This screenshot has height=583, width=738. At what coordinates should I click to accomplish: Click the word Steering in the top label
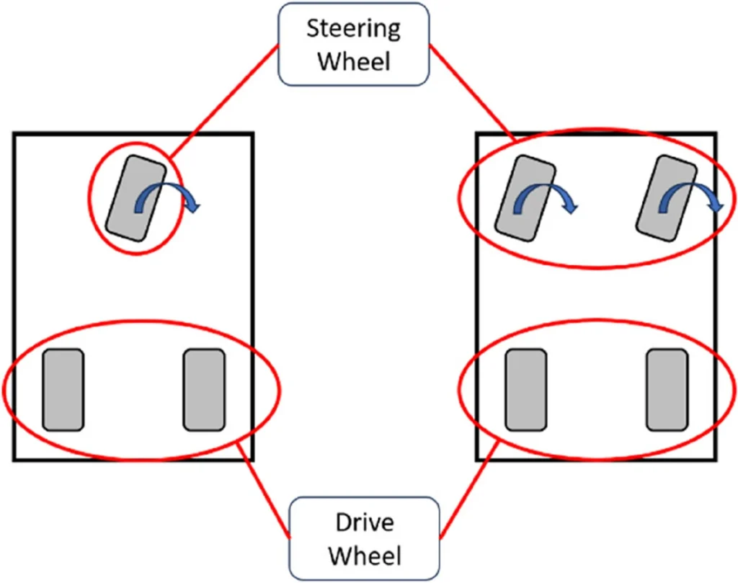(x=353, y=30)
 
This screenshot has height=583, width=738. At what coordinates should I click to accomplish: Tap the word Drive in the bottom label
(x=364, y=522)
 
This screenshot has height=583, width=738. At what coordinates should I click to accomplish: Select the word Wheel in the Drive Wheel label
(x=364, y=555)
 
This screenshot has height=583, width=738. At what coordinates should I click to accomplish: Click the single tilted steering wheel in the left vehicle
(x=135, y=198)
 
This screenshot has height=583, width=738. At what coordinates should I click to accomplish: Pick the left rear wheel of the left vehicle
(x=63, y=389)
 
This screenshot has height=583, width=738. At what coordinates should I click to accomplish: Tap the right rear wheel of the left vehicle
(x=204, y=389)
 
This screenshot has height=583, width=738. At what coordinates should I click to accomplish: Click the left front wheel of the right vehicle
(x=525, y=198)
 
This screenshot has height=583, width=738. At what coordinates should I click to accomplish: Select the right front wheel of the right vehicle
(x=667, y=198)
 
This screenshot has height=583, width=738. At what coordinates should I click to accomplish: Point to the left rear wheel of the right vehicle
(x=525, y=389)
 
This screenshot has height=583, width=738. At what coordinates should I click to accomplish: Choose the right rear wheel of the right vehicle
(x=667, y=389)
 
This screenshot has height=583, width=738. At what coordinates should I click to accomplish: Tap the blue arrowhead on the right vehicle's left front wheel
(x=571, y=208)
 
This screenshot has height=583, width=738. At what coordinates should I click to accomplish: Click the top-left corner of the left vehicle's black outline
(x=14, y=133)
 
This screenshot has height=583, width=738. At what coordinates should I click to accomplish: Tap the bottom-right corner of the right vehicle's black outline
(x=716, y=459)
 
